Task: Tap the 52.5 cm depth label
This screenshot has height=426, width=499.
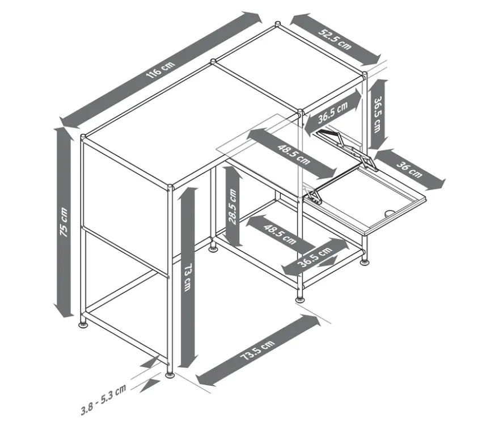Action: point(335,39)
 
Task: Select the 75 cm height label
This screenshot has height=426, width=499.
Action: point(64,222)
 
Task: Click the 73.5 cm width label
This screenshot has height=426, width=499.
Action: point(257,350)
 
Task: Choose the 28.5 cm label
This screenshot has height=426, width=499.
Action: point(232,206)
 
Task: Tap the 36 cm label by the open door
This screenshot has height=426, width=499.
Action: point(409,170)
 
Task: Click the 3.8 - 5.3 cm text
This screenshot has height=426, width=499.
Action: point(103,400)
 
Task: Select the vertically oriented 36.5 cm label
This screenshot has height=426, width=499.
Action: point(378,115)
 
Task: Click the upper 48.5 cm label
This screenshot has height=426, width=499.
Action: point(293,154)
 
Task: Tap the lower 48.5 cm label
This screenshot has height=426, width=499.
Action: point(280,234)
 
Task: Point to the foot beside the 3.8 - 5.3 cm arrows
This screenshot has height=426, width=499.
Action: point(170,375)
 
